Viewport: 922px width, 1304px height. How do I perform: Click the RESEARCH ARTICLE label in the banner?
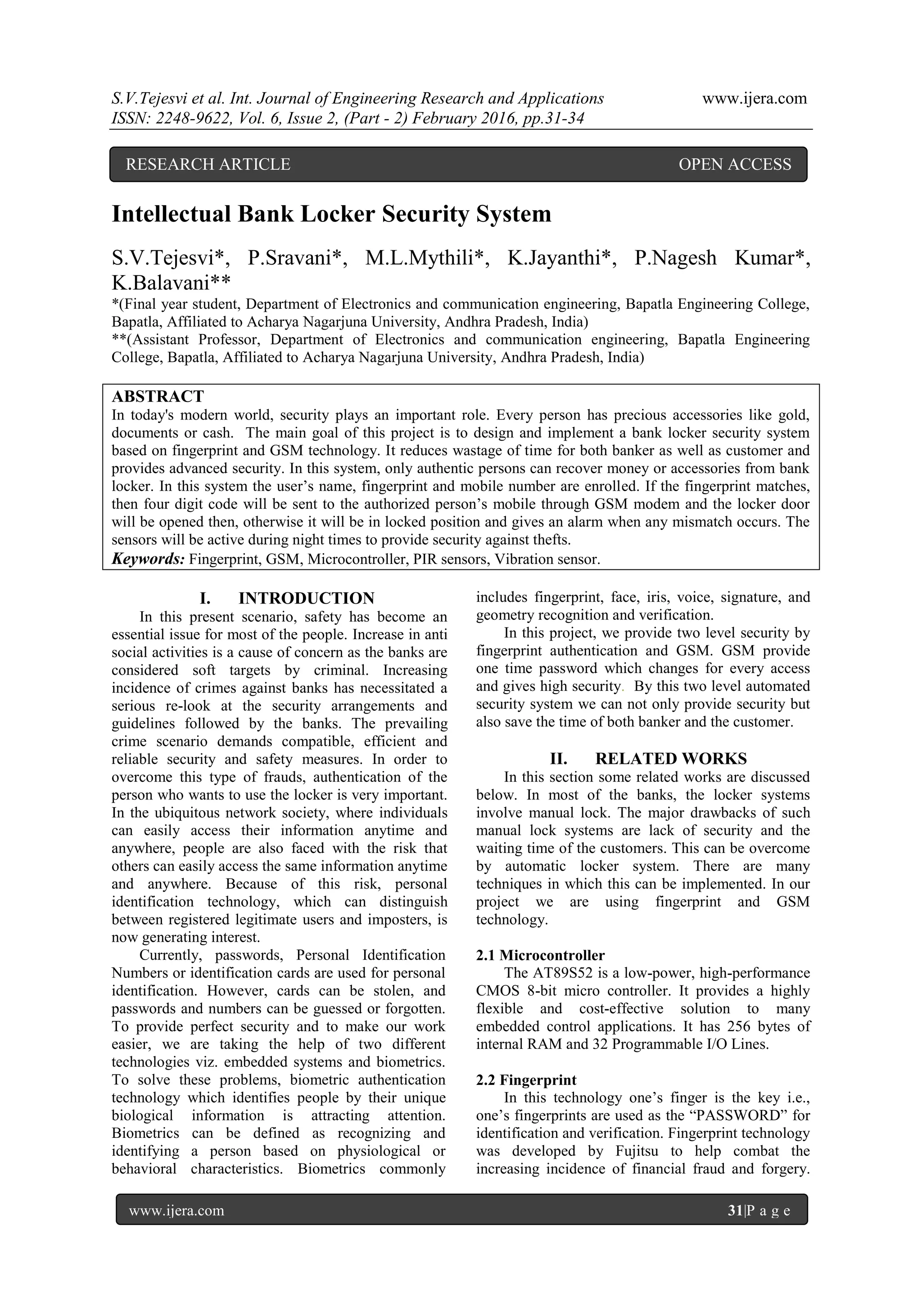tap(208, 165)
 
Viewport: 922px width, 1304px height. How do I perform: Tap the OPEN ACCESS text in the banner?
tap(735, 165)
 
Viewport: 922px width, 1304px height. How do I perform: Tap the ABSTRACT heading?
tap(158, 397)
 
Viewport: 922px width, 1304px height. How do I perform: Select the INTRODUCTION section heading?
tap(306, 599)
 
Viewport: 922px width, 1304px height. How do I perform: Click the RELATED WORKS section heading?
tap(671, 759)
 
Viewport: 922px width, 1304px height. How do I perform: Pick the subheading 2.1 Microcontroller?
tap(540, 955)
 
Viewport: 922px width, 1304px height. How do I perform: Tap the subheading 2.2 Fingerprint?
tap(526, 1080)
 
